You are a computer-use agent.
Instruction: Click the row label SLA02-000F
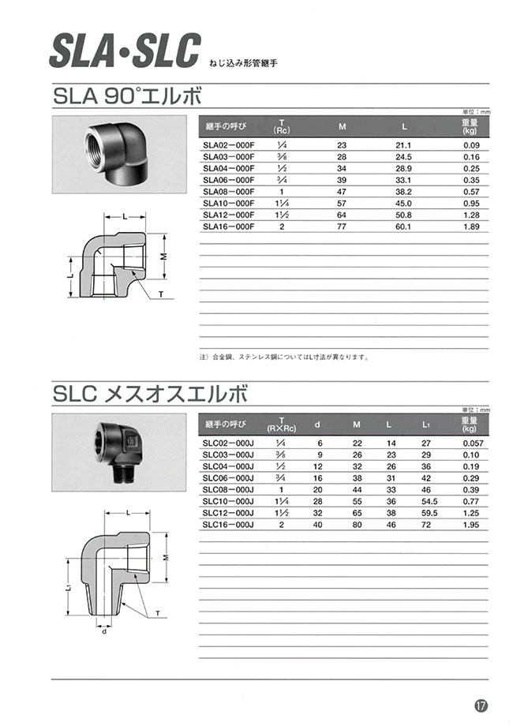(228, 145)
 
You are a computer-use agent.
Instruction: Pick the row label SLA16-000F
(228, 226)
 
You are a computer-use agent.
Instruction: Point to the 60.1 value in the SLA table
(403, 226)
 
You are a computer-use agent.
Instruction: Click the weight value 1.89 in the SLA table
(472, 226)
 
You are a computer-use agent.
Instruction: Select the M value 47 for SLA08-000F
(342, 191)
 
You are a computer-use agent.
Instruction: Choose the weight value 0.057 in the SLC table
(471, 443)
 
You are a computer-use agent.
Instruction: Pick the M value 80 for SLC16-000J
(357, 524)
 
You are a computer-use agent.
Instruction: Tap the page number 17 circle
(481, 705)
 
